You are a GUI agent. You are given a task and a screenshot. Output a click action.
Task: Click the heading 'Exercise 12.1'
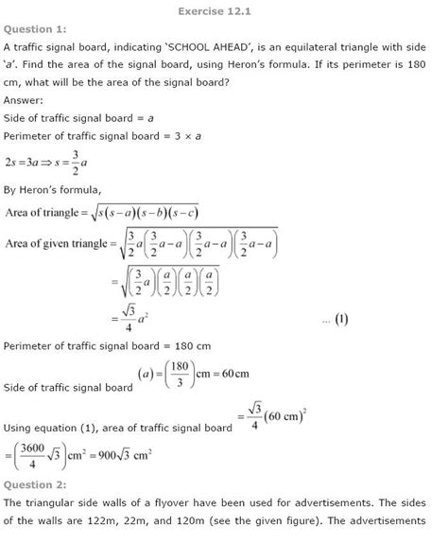(x=224, y=11)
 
